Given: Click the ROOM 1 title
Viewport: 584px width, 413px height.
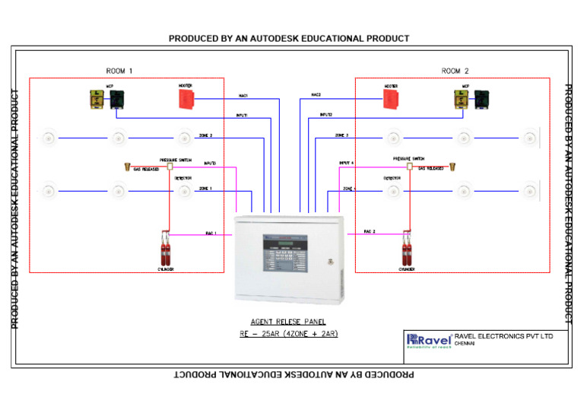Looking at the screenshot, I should pyautogui.click(x=119, y=71).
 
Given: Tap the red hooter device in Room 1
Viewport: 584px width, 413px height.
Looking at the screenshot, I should pyautogui.click(x=187, y=98).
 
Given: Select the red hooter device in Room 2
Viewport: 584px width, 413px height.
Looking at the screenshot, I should pyautogui.click(x=392, y=98).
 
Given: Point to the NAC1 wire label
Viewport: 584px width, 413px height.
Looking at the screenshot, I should pyautogui.click(x=243, y=96).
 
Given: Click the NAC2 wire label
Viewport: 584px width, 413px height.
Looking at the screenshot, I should pyautogui.click(x=316, y=95).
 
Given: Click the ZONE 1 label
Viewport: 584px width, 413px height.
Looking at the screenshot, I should pyautogui.click(x=205, y=188).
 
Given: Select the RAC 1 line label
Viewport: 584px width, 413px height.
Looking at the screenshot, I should pyautogui.click(x=211, y=233).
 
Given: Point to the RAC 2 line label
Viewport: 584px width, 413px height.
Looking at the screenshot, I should pyautogui.click(x=370, y=231).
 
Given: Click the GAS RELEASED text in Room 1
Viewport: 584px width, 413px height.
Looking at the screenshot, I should pyautogui.click(x=146, y=169).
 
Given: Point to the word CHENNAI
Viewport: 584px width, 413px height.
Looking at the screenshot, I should pyautogui.click(x=465, y=344).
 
